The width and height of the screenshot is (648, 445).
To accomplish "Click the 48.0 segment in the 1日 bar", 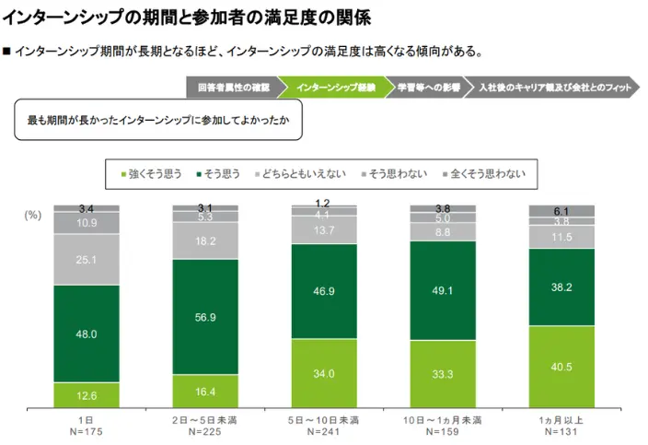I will (x=87, y=334).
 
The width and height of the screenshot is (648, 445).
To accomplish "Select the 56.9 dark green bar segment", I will (x=205, y=317).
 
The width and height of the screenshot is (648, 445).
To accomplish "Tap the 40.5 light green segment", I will (x=561, y=366).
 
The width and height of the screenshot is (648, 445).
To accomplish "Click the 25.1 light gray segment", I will (x=87, y=260).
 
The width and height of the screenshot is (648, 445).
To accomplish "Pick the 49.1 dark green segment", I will (x=443, y=290).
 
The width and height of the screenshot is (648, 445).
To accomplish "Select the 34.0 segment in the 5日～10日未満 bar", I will (x=324, y=373).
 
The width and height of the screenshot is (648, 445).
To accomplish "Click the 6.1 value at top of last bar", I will (x=561, y=211).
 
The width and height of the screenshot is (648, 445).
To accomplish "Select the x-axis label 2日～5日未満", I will (x=205, y=419).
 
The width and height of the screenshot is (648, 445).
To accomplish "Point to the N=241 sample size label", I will (x=324, y=431).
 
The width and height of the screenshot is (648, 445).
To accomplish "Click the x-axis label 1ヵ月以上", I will (x=561, y=419).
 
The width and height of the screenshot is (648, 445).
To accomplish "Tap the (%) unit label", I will (x=33, y=214).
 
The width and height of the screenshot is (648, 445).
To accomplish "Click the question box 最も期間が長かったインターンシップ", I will (x=158, y=122).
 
